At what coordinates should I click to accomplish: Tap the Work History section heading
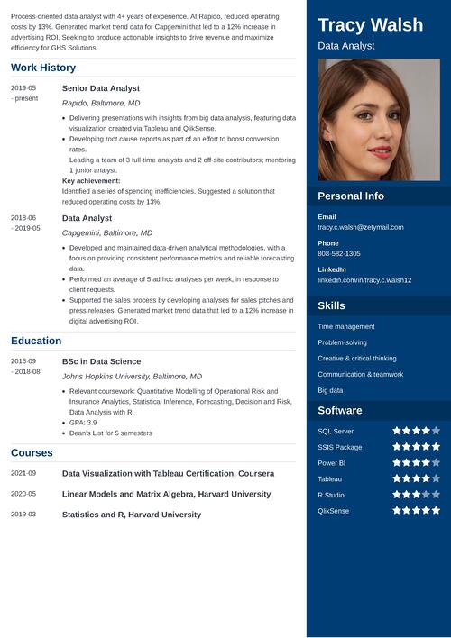(x=43, y=68)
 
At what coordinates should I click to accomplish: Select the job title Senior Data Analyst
(x=100, y=88)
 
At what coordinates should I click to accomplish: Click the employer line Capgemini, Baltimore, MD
(x=107, y=232)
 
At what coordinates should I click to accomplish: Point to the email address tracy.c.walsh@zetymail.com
(x=361, y=227)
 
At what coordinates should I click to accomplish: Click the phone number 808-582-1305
(x=339, y=254)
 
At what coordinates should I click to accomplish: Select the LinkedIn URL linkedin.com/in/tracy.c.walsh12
(x=364, y=280)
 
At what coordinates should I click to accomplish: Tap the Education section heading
(x=36, y=341)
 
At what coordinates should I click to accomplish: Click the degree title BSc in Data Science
(x=101, y=360)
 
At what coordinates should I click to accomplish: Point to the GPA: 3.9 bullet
(x=83, y=422)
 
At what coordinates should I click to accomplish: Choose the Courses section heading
(x=32, y=452)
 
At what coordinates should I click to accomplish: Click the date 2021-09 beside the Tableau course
(x=23, y=473)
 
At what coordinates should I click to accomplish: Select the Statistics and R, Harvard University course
(x=131, y=515)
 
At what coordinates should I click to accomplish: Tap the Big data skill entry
(x=330, y=390)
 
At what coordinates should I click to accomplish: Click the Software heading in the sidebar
(x=340, y=411)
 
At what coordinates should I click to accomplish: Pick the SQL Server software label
(x=336, y=431)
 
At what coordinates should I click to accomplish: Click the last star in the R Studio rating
(x=436, y=495)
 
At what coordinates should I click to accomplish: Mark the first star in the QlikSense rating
(x=396, y=511)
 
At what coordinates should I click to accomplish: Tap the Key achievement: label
(x=91, y=180)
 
